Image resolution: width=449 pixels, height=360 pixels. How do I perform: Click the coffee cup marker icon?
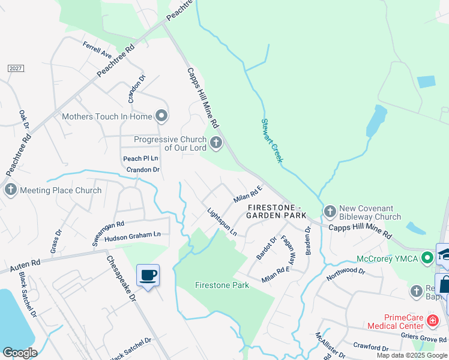(x=148, y=275)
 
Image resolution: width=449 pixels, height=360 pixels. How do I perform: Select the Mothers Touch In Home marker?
(x=160, y=116)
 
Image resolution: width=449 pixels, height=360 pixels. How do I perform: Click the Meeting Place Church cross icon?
(x=11, y=190)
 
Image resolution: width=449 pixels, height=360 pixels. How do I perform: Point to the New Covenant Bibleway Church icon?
(x=330, y=211)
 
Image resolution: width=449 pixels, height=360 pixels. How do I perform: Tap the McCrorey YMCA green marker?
(x=427, y=259)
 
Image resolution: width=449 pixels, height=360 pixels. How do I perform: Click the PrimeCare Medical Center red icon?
(x=431, y=321)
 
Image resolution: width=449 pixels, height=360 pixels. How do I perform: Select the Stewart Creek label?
(x=272, y=141)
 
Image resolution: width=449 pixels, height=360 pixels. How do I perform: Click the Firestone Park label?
(x=222, y=285)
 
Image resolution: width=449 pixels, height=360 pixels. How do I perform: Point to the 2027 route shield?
(x=16, y=68)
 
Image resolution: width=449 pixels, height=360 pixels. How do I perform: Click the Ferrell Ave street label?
(x=98, y=50)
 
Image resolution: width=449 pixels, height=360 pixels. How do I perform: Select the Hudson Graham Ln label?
(x=133, y=235)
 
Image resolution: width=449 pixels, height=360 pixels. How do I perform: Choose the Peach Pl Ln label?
(x=140, y=158)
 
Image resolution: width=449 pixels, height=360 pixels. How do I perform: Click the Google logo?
(x=20, y=353)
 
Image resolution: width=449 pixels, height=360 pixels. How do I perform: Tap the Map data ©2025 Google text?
(x=412, y=355)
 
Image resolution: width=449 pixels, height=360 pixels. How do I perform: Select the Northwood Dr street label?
(x=346, y=275)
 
